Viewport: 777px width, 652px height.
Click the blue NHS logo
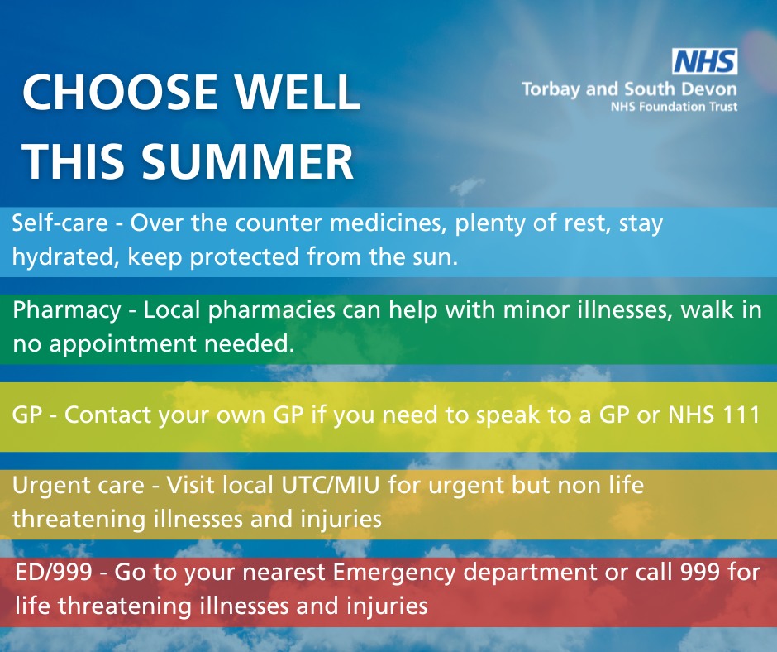(x=704, y=61)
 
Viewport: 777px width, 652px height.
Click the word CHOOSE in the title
(x=120, y=93)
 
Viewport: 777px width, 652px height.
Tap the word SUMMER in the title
(x=247, y=161)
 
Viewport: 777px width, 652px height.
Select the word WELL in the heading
(x=297, y=93)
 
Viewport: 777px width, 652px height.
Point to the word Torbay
(x=551, y=90)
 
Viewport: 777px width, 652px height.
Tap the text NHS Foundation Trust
(x=674, y=106)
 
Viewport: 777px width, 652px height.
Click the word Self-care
(x=60, y=223)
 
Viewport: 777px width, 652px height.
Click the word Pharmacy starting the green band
(x=67, y=310)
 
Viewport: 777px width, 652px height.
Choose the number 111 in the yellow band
(x=739, y=415)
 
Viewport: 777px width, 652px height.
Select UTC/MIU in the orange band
(x=331, y=485)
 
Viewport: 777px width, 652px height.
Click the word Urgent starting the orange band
(x=43, y=486)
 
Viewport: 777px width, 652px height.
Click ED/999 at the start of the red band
(x=54, y=572)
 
